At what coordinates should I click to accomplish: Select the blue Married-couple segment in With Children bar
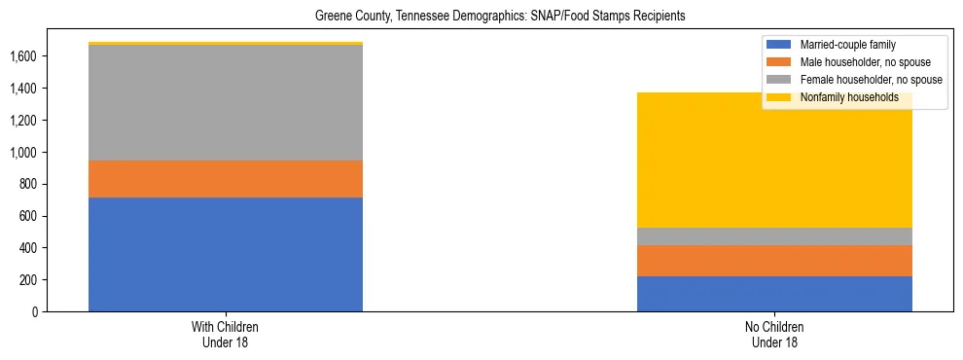pos(226,254)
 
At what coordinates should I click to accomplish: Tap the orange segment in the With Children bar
pos(226,179)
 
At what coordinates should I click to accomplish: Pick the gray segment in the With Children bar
pos(226,102)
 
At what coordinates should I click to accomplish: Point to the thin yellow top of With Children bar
pos(226,43)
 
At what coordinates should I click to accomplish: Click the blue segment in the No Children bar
pos(774,294)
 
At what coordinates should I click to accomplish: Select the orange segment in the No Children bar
pos(774,261)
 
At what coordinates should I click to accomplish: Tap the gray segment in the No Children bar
pos(774,236)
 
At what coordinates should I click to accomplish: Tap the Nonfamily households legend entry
pos(842,97)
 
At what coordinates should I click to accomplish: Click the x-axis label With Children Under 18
pos(226,335)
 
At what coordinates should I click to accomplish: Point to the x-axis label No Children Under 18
pos(774,335)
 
